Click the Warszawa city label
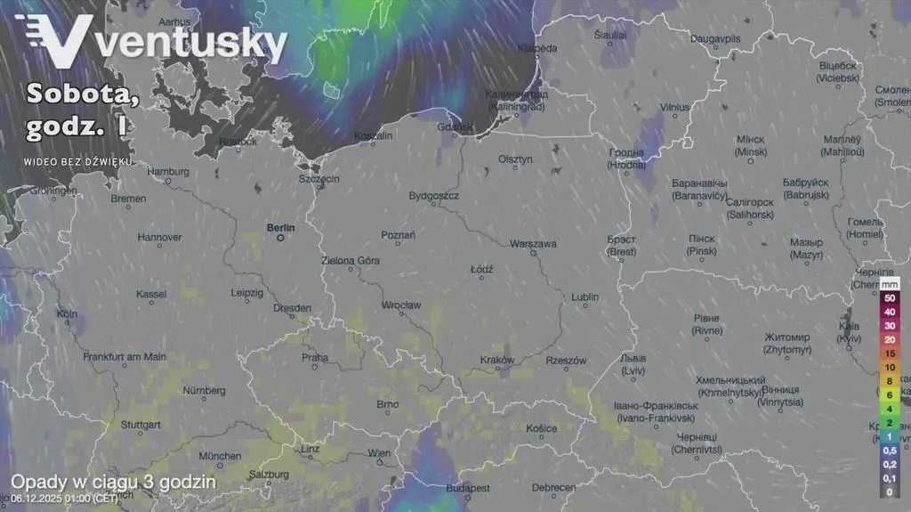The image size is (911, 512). pyautogui.click(x=533, y=243)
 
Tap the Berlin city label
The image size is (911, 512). pyautogui.click(x=280, y=227)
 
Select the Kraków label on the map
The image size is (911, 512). pyautogui.click(x=497, y=360)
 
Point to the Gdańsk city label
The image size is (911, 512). pyautogui.click(x=455, y=127)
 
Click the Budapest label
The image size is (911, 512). pyautogui.click(x=468, y=488)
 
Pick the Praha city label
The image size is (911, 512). pyautogui.click(x=315, y=358)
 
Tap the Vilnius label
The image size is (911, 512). pyautogui.click(x=675, y=107)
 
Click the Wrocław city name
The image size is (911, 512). pyautogui.click(x=400, y=305)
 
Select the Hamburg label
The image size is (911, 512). pyautogui.click(x=168, y=171)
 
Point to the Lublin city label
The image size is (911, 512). pyautogui.click(x=584, y=297)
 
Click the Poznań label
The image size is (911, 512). pyautogui.click(x=398, y=234)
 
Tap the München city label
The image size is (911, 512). pyautogui.click(x=220, y=456)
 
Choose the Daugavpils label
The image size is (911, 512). pyautogui.click(x=715, y=40)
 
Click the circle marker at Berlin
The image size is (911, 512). pyautogui.click(x=280, y=238)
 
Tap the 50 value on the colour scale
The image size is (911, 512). pyautogui.click(x=889, y=297)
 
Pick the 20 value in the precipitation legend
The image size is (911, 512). pyautogui.click(x=889, y=339)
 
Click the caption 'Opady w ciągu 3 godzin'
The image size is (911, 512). pyautogui.click(x=113, y=482)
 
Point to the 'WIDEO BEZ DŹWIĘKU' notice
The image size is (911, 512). pyautogui.click(x=78, y=161)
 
